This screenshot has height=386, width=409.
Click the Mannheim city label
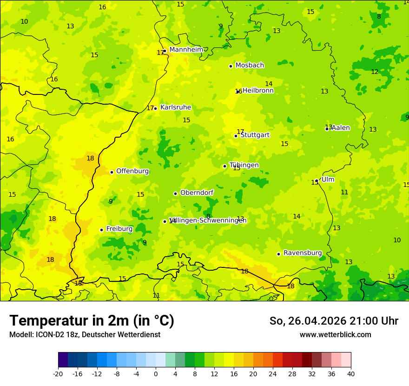186,50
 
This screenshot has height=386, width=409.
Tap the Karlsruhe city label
175,107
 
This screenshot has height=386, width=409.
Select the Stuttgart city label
255,135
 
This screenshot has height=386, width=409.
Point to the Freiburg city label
119,229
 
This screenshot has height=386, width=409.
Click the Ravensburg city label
302,253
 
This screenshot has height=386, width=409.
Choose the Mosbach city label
250,66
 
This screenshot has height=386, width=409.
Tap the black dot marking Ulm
317,180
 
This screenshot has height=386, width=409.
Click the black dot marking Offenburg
112,172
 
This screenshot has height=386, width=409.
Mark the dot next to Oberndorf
175,193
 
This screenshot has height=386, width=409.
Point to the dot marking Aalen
327,129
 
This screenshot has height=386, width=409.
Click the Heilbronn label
258,91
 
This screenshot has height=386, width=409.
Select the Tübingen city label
244,165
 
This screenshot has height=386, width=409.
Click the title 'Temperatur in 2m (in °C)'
92,320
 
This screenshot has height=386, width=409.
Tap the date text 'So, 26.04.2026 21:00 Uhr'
334,321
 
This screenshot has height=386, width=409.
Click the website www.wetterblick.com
335,335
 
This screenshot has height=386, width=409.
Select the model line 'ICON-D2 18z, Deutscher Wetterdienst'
85,335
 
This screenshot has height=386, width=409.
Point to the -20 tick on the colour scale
58,373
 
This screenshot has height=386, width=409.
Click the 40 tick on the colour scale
350,373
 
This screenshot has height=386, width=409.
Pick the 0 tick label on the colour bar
156,373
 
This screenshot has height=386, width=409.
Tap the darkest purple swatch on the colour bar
63,360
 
